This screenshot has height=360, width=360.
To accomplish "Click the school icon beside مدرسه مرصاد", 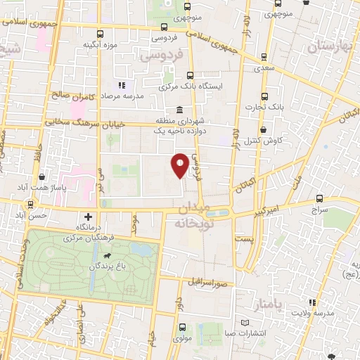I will (x=121, y=85).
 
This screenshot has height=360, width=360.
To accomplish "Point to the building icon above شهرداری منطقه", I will (x=180, y=110).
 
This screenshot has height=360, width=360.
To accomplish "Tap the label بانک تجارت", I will (x=264, y=108).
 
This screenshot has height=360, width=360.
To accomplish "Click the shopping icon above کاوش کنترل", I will (x=262, y=130).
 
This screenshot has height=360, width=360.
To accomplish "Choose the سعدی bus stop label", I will (x=264, y=70).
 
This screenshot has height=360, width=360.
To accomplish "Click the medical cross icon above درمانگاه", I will (x=89, y=217).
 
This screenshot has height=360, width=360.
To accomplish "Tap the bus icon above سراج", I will (x=321, y=198).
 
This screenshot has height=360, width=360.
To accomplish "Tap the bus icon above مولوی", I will (x=182, y=327).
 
